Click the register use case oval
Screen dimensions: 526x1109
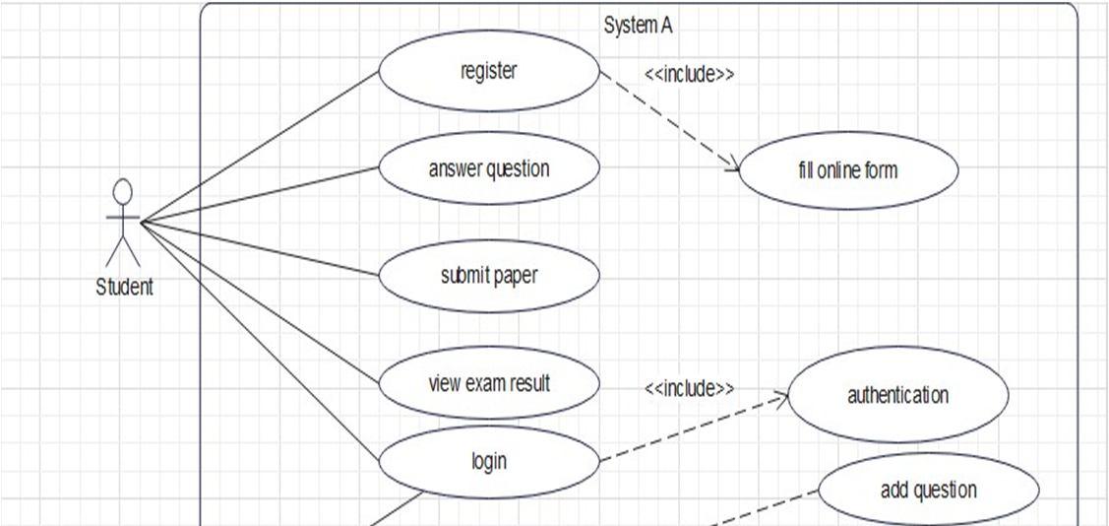[x=489, y=71]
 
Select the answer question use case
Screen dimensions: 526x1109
[x=489, y=168]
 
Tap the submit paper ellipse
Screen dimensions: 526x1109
[x=489, y=276]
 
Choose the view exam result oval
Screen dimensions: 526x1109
[x=489, y=383]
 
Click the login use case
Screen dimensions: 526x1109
[x=489, y=460]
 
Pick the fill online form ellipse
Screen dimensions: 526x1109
[x=847, y=170]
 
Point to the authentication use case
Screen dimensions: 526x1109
[x=897, y=395]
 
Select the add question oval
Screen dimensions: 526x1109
[x=928, y=490]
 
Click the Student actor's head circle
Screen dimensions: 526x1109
[x=122, y=190]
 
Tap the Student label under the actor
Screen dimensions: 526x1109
[x=124, y=288]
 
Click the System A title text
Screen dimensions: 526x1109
[x=638, y=26]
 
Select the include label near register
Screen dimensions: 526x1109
[x=689, y=74]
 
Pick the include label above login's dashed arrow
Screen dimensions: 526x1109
[x=689, y=388]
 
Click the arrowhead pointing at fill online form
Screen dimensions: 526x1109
[x=734, y=167]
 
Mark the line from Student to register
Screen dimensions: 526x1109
[x=261, y=147]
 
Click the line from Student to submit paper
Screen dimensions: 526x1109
[x=261, y=248]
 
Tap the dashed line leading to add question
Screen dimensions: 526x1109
[x=768, y=505]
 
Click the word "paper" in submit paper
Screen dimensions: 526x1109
[x=517, y=276]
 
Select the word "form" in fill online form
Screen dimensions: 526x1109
[x=881, y=170]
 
